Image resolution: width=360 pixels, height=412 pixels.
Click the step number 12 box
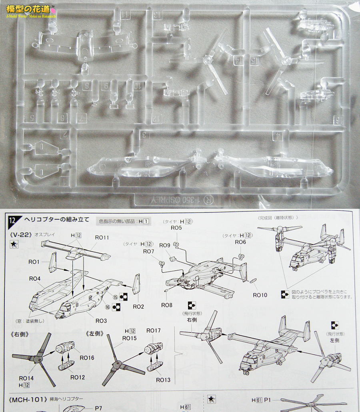click(12, 220)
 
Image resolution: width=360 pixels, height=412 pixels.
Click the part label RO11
click(102, 237)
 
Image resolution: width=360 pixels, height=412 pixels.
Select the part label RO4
click(35, 278)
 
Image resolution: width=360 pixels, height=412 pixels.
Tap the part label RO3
click(101, 321)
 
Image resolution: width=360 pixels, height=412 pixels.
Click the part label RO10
click(260, 295)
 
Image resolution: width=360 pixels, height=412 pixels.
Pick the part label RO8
click(167, 305)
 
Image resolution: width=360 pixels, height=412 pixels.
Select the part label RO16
click(87, 358)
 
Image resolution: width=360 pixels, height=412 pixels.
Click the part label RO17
click(153, 330)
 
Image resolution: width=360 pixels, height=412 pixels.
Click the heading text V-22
click(20, 235)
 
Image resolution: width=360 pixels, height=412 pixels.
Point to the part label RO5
click(176, 228)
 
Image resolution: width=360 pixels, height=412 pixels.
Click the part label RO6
click(240, 242)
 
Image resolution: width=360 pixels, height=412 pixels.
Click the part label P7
click(99, 408)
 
